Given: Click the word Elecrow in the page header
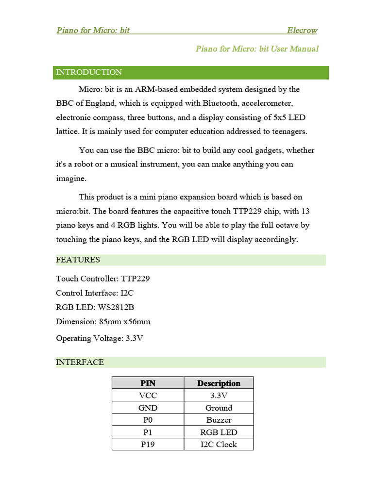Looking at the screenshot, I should (302, 31).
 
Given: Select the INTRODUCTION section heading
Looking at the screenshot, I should (89, 72).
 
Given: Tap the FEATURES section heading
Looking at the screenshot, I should (78, 260).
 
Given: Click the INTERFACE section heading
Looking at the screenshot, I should (80, 362).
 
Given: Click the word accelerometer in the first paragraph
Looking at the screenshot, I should (267, 103).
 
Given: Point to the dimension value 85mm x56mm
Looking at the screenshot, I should (124, 321).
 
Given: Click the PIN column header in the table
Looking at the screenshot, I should (148, 383).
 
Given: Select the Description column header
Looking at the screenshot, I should (219, 383).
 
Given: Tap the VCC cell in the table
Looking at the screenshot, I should (148, 396).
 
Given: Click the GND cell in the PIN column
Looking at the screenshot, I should (148, 408).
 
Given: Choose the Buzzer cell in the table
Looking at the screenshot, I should (219, 420).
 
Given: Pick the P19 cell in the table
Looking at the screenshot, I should (148, 444).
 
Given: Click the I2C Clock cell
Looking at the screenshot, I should (219, 444).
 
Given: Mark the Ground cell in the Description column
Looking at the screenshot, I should (219, 408).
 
